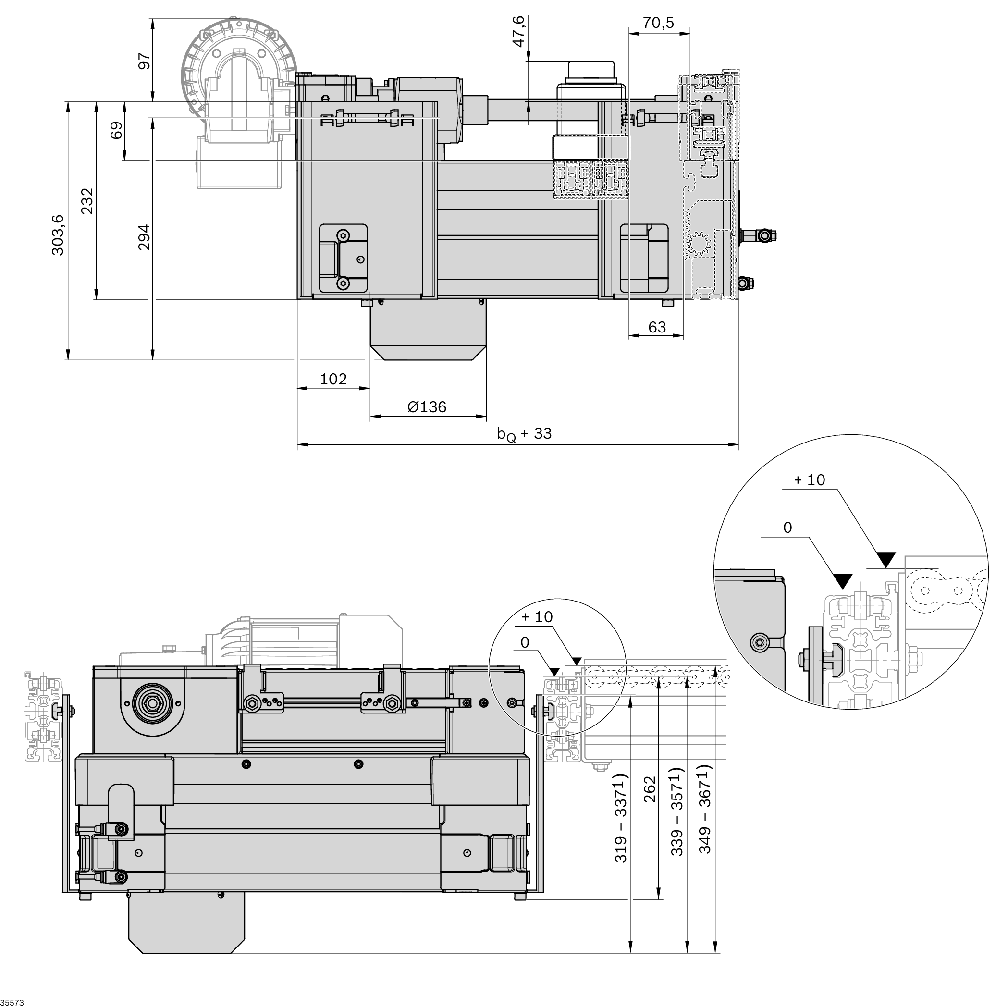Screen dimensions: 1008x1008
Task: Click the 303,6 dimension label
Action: pyautogui.click(x=58, y=234)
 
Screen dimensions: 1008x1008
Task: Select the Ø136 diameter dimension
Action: pyautogui.click(x=427, y=407)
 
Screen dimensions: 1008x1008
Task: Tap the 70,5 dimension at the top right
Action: pyautogui.click(x=658, y=23)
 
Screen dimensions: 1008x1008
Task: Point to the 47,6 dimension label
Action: pyautogui.click(x=518, y=32)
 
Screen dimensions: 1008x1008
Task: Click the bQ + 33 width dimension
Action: pyautogui.click(x=524, y=433)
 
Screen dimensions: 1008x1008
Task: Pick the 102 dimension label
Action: pyautogui.click(x=333, y=379)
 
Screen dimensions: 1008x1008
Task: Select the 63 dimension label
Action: pyautogui.click(x=657, y=327)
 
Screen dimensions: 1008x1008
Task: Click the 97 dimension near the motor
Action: pyautogui.click(x=144, y=61)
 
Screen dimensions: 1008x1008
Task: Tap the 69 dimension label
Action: pyautogui.click(x=117, y=130)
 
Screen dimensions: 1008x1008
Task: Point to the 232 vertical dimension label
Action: pyautogui.click(x=87, y=201)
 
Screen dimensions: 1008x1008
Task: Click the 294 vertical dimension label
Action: pyautogui.click(x=144, y=237)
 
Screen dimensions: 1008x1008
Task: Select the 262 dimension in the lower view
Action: pyautogui.click(x=650, y=789)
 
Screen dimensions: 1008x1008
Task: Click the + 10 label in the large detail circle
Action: pyautogui.click(x=809, y=480)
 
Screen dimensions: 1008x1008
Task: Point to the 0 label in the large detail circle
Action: pyautogui.click(x=787, y=528)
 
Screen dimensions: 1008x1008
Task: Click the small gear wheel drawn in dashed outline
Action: pyautogui.click(x=698, y=243)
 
